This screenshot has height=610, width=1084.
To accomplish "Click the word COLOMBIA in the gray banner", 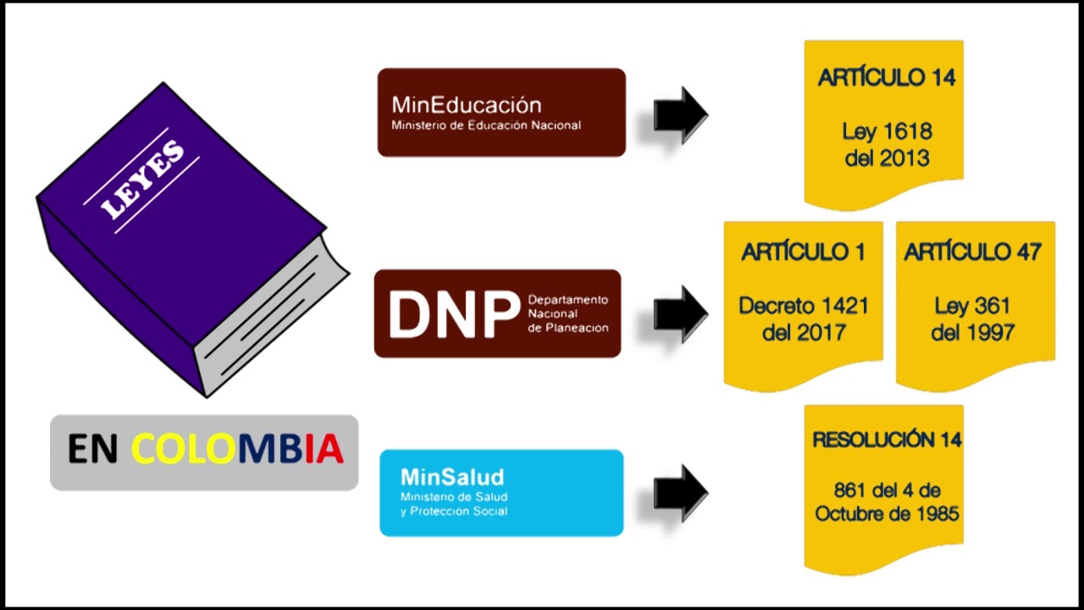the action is click(237, 449).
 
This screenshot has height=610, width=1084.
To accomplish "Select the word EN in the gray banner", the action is click(92, 449).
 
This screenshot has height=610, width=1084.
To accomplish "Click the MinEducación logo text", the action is click(467, 104).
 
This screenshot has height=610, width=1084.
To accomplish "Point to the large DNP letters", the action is click(454, 314).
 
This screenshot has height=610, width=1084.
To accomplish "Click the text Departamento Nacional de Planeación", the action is click(568, 313).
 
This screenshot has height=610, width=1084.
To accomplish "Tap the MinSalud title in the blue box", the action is click(452, 477).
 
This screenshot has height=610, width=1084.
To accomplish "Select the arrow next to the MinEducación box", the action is click(681, 114).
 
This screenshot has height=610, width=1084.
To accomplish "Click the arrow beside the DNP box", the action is click(681, 314).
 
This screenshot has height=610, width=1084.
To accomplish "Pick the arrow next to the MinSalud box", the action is click(681, 493).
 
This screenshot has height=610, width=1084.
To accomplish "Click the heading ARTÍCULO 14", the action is click(887, 77).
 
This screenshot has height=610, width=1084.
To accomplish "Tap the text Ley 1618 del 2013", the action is click(887, 145).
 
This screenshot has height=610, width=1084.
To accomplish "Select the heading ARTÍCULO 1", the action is click(804, 252).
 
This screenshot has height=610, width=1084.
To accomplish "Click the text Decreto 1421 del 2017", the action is click(804, 319).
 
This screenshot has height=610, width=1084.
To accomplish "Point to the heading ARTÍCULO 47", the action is click(973, 252).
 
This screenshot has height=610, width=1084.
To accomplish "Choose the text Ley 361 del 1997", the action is click(973, 319).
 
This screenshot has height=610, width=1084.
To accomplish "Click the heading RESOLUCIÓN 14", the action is click(887, 440).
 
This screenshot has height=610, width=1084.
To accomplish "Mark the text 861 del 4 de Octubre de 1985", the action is click(887, 502).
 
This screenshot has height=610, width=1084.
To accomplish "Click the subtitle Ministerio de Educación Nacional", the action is click(486, 125).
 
